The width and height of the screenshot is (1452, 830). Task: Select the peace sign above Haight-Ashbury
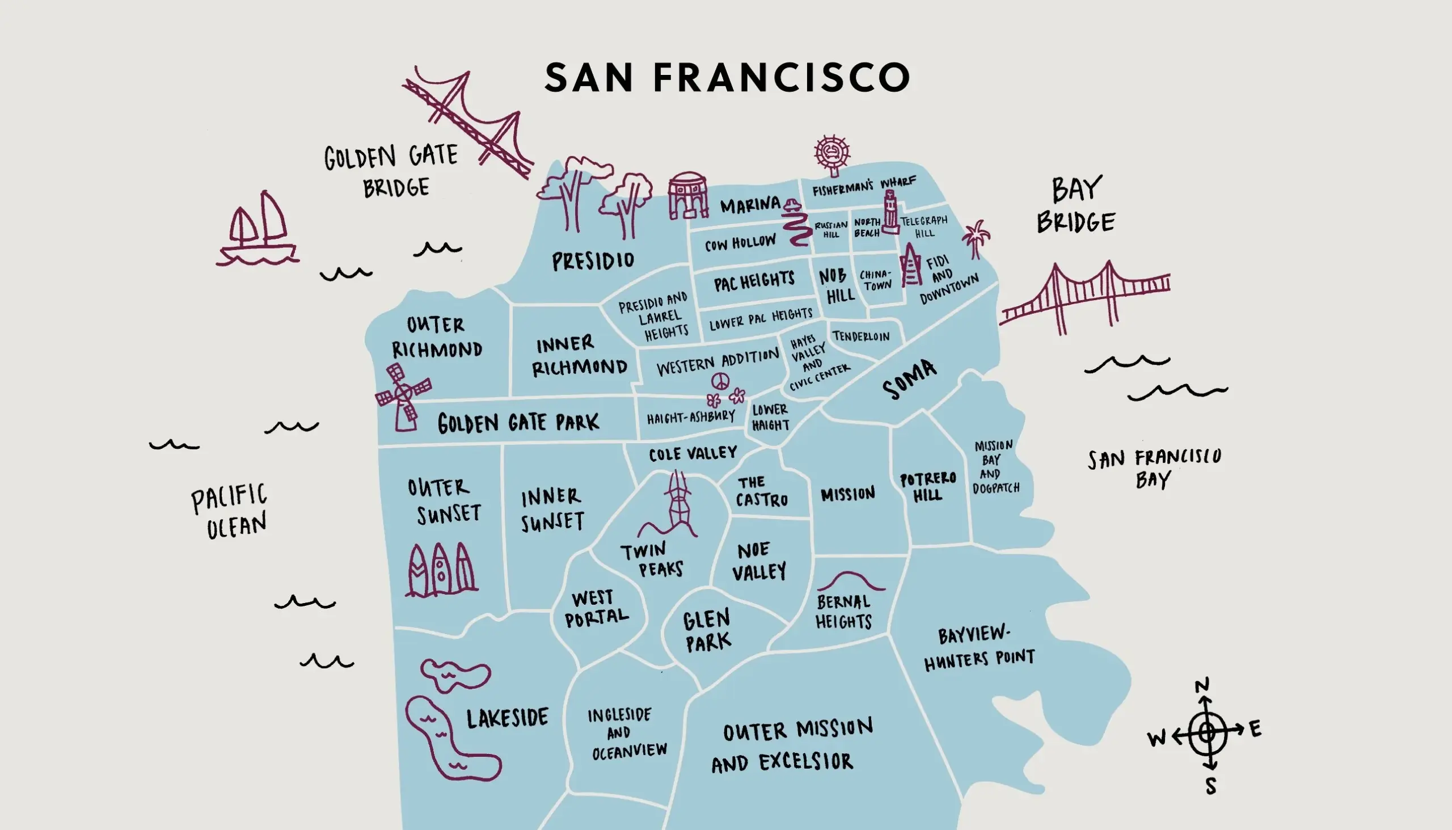click(x=720, y=381)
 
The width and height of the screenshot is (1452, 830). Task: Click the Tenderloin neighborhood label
click(x=861, y=336)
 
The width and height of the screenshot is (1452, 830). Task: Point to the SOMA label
click(x=909, y=379)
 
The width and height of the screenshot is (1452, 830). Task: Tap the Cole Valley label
click(x=693, y=454)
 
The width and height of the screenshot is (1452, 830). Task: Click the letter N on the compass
click(x=1202, y=686)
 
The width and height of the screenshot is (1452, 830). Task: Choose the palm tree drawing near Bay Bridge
click(x=976, y=238)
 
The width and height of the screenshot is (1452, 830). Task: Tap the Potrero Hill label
click(x=928, y=487)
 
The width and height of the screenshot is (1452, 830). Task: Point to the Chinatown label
click(x=876, y=280)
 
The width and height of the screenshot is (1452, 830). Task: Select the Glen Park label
click(x=707, y=631)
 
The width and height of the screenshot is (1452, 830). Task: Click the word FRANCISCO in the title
click(x=782, y=78)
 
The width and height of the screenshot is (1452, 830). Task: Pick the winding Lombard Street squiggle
click(x=796, y=228)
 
